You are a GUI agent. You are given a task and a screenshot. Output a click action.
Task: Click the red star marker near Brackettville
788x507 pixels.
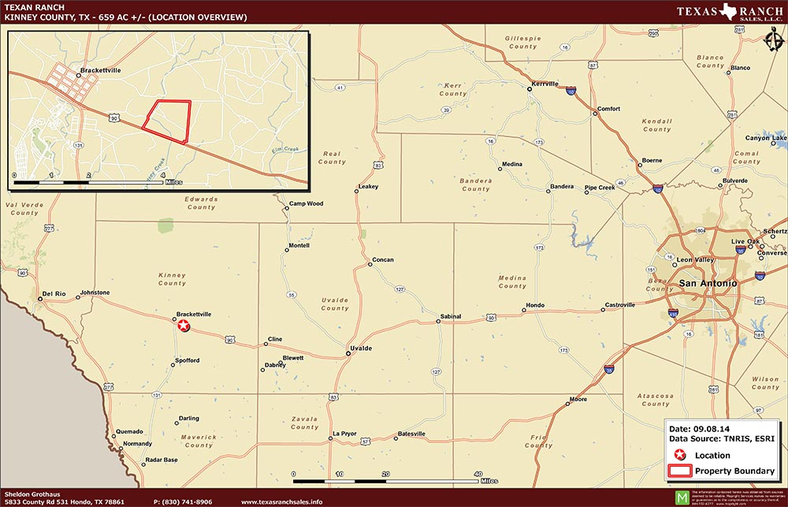183,325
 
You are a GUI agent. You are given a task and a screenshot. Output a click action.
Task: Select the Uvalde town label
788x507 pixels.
360,348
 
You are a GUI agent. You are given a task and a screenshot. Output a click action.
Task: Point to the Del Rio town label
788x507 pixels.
54,293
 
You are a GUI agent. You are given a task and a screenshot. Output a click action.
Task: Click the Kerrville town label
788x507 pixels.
545,84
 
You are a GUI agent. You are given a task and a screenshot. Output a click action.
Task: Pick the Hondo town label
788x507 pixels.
535,305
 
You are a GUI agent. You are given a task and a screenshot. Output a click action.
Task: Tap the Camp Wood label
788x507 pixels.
306,203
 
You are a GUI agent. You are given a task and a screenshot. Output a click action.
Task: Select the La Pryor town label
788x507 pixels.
344,434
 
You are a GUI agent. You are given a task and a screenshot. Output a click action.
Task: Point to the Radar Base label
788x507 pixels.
159,460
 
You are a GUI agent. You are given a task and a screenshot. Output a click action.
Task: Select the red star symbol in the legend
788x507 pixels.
680,455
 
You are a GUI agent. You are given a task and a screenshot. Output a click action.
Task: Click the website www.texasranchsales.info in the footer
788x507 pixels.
281,501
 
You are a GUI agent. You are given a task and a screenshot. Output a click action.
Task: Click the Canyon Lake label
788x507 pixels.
766,138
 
